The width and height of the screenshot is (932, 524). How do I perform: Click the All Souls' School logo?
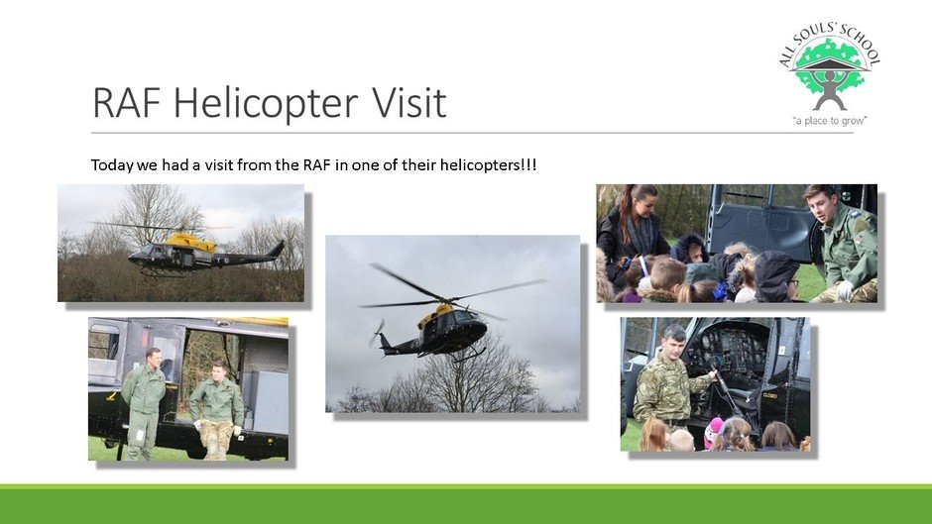pos(830,77)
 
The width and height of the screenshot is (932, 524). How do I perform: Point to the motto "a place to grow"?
pos(830,121)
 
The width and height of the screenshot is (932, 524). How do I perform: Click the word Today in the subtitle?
pos(112,165)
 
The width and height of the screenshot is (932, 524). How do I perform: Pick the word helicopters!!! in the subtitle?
pos(488,164)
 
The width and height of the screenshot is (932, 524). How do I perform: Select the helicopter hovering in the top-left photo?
pos(189,249)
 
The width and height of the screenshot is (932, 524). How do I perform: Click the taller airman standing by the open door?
pos(145,403)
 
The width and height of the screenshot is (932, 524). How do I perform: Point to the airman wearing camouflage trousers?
pos(217,410)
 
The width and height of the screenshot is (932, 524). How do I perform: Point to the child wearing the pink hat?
pos(713,433)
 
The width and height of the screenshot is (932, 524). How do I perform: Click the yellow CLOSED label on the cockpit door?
pos(770,395)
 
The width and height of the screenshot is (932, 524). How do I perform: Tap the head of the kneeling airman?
pos(819,202)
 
